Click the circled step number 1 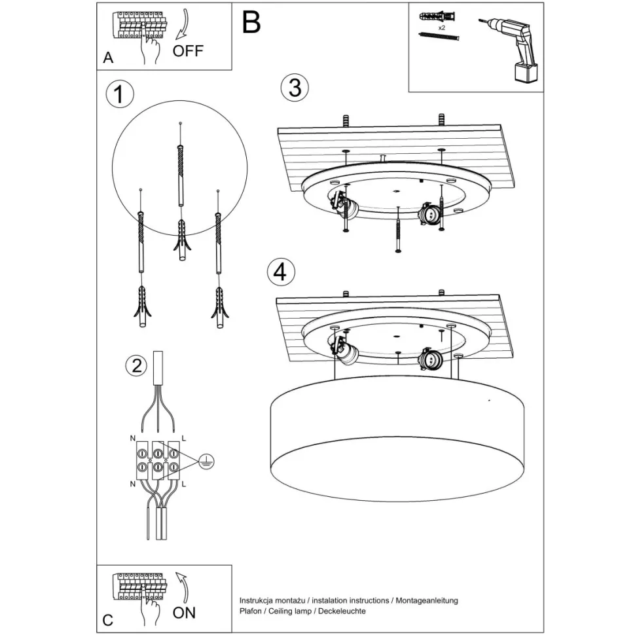point(119,95)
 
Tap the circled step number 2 point(136,366)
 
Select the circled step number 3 point(295,88)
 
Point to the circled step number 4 point(280,272)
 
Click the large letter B point(251,22)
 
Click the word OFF point(188,51)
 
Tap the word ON point(184,613)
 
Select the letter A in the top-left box point(109,58)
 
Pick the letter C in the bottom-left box point(108,620)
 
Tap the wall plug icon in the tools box point(436,16)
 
